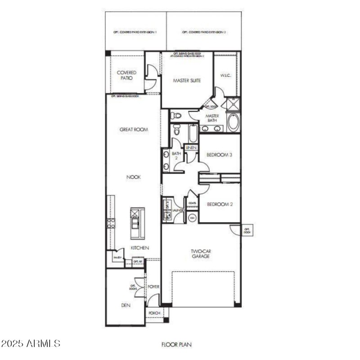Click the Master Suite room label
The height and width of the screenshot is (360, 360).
tap(187, 81)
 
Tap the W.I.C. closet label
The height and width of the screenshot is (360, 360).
tap(225, 76)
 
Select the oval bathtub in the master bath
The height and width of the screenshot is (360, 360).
tap(233, 122)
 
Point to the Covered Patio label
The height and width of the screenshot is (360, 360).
tap(126, 75)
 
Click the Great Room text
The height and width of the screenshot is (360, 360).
tap(134, 130)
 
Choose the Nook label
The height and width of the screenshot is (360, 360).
tap(134, 177)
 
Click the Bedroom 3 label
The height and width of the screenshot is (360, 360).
tap(219, 155)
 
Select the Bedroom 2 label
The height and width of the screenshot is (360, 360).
tap(219, 204)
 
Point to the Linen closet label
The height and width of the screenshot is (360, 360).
tap(191, 148)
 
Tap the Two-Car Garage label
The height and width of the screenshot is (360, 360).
tap(200, 254)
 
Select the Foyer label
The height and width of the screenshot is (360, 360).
tap(153, 286)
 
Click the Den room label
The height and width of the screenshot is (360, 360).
tap(126, 305)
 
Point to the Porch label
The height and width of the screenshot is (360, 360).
tap(153, 313)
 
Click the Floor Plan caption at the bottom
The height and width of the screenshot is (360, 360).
tap(177, 345)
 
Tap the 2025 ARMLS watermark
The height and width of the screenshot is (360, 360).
tap(31, 344)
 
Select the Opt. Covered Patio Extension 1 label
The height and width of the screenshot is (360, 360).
tap(135, 32)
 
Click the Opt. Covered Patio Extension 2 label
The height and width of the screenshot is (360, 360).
tap(204, 32)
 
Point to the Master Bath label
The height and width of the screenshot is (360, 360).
tap(212, 118)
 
